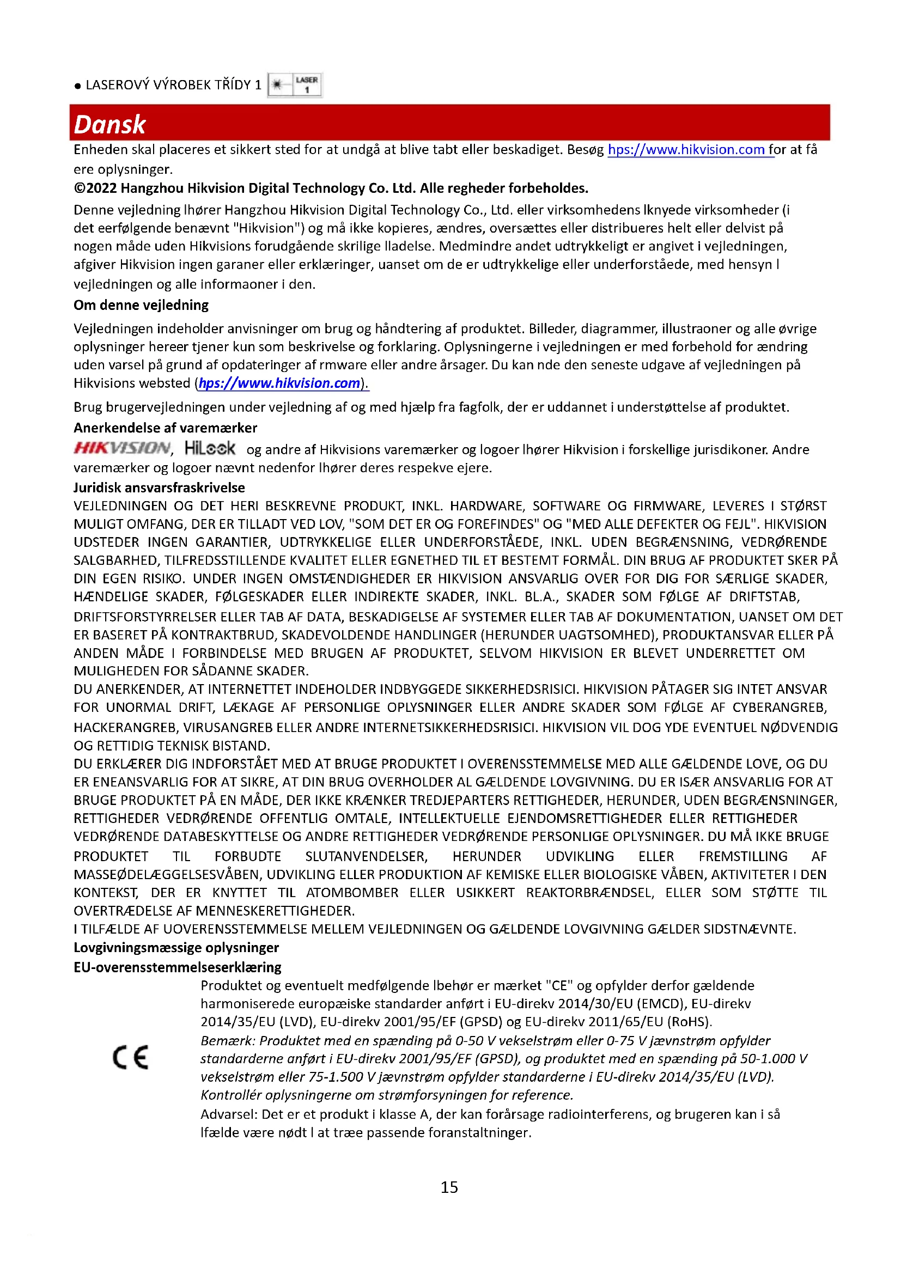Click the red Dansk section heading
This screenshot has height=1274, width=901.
pos(109,124)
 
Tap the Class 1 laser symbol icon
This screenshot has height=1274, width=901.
pos(295,85)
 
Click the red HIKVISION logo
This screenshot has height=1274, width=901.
pos(122,448)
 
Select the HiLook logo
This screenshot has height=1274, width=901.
pos(210,448)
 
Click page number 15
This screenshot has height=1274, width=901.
pos(449,1187)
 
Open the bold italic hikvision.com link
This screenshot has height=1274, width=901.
pos(279,383)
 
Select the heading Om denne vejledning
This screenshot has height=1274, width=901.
pos(141,305)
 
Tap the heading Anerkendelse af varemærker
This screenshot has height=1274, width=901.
pos(166,428)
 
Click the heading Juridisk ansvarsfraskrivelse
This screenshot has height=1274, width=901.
pos(159,487)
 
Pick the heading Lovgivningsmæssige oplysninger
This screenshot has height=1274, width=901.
pos(176,947)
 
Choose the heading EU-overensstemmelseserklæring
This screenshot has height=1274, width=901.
pos(178,967)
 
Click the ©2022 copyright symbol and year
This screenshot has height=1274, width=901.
pos(95,188)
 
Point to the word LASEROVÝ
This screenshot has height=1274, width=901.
pos(117,85)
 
